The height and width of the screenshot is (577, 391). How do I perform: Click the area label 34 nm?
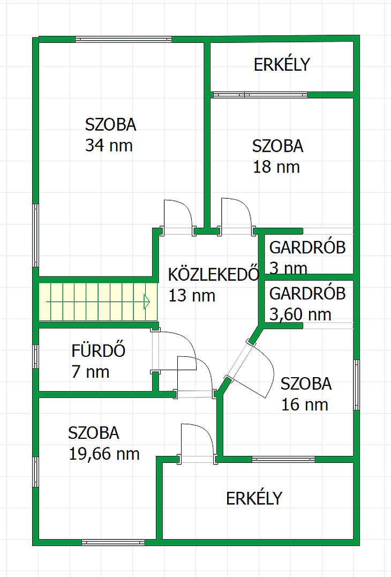point(109,146)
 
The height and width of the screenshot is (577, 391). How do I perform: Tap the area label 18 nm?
point(276,167)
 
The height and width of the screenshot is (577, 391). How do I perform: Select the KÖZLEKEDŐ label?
point(214,274)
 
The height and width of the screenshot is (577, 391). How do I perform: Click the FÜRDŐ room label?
point(99,350)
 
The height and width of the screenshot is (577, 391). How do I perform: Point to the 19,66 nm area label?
point(104,454)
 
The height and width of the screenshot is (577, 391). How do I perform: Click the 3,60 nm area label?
point(300,315)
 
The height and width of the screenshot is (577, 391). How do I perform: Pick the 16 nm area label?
point(305,405)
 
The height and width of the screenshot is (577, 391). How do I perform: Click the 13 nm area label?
point(192,296)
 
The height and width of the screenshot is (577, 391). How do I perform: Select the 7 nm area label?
point(91,372)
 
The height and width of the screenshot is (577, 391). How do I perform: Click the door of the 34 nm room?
point(178,217)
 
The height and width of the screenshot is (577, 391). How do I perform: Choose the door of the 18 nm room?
point(236,216)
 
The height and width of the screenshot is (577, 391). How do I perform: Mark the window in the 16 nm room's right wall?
point(356,385)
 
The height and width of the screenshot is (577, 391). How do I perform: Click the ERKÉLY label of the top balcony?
point(282,65)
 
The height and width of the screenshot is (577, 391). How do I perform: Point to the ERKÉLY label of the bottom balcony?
point(254,499)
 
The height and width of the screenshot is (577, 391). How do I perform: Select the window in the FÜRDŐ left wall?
point(36,357)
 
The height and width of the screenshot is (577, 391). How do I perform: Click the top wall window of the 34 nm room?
point(124,39)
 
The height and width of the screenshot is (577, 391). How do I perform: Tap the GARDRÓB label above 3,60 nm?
point(307,294)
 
